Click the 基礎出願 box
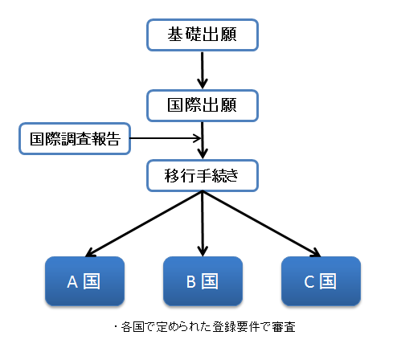click(203, 35)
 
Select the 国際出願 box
click(203, 105)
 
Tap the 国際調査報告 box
click(75, 139)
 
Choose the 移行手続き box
click(203, 176)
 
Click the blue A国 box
click(84, 281)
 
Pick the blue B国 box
click(203, 281)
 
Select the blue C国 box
click(321, 281)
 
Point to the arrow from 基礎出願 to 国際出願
click(203, 70)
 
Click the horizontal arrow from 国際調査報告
click(166, 138)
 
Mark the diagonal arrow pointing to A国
click(144, 224)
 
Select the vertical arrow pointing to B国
click(203, 224)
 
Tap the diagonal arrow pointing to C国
click(261, 224)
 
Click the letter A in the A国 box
click(72, 282)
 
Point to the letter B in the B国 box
click(191, 282)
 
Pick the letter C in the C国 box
click(309, 282)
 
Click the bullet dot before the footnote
click(116, 327)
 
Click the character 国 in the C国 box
click(329, 281)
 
